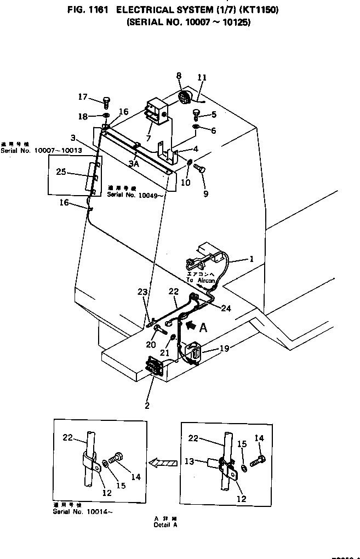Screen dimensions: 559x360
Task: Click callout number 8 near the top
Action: point(178,75)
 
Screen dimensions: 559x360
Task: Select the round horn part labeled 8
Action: point(185,99)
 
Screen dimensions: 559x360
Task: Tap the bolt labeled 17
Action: point(106,100)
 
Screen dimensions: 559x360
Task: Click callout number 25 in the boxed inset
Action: point(61,172)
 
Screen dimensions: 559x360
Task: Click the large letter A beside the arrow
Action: point(203,327)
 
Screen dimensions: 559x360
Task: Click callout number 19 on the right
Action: point(224,347)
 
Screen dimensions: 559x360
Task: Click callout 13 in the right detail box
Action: point(190,461)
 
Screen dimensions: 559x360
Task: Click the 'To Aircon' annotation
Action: point(199,279)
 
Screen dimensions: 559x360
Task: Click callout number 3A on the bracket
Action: point(134,163)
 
